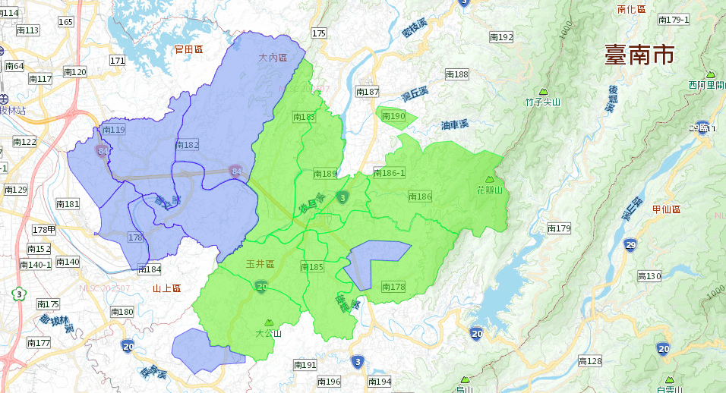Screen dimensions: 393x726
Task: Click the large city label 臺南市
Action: (639, 55)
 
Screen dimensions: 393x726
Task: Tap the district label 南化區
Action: (631, 9)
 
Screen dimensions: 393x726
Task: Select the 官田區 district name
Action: (188, 49)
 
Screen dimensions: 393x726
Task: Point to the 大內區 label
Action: (273, 58)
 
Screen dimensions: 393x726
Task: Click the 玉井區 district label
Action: (260, 263)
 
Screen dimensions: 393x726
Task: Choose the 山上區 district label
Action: (166, 288)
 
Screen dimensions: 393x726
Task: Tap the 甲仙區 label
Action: (666, 209)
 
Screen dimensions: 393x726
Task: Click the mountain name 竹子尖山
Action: (542, 102)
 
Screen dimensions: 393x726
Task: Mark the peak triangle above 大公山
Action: (268, 322)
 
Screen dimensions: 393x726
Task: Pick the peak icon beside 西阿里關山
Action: (711, 74)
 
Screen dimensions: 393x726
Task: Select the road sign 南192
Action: (501, 36)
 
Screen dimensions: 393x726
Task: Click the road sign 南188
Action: (456, 74)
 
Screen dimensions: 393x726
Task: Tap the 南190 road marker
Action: (393, 116)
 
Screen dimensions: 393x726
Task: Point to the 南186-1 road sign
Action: (390, 173)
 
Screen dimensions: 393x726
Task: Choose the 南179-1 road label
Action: (674, 20)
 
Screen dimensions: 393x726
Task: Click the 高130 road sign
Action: (649, 276)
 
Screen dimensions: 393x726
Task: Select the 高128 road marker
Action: (589, 361)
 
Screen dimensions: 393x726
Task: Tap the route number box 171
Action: (117, 61)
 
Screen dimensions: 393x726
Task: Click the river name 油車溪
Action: (455, 124)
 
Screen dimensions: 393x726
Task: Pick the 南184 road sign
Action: (149, 269)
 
